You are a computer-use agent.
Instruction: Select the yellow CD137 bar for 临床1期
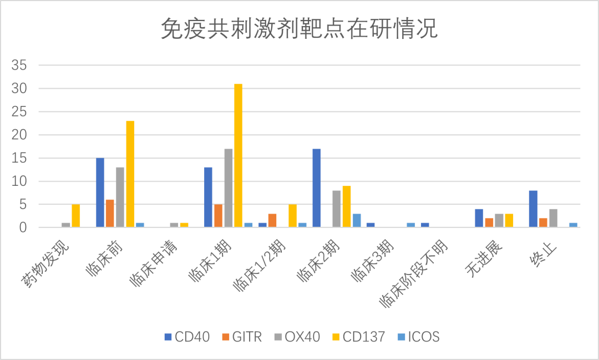point(238,155)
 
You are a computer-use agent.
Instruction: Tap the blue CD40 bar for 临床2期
point(317,188)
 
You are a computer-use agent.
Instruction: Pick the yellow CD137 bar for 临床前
point(130,174)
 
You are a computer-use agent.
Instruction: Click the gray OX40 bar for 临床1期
point(228,188)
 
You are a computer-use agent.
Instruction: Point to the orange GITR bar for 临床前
point(110,214)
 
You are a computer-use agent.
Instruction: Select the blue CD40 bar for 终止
point(533,209)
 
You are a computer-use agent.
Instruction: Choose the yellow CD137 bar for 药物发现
point(75,216)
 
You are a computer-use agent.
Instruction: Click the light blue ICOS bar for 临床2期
point(357,221)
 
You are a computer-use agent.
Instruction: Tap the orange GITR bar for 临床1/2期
point(272,221)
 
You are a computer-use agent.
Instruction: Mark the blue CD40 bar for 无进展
point(479,218)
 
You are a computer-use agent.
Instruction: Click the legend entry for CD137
point(357,337)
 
